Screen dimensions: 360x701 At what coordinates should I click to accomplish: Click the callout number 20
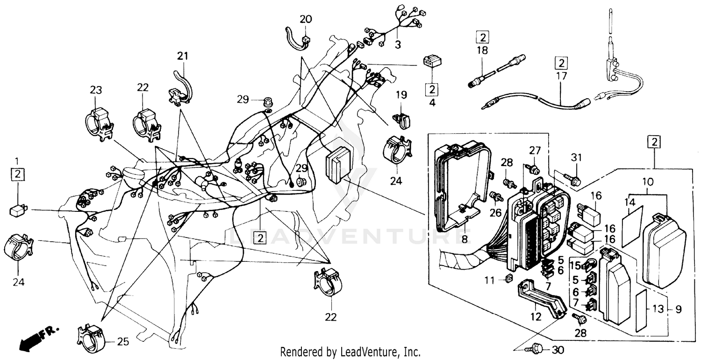pyautogui.click(x=305, y=20)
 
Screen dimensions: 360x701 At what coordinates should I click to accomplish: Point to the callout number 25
pyautogui.click(x=122, y=342)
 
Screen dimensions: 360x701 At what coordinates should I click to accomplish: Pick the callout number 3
pyautogui.click(x=398, y=45)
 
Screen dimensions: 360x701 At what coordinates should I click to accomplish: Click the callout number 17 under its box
pyautogui.click(x=561, y=75)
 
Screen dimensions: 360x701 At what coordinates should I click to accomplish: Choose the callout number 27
pyautogui.click(x=535, y=150)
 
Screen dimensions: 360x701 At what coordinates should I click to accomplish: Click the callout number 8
pyautogui.click(x=465, y=239)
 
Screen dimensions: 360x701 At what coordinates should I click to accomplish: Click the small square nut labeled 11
pyautogui.click(x=509, y=280)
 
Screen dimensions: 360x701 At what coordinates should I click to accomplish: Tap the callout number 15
pyautogui.click(x=575, y=266)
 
